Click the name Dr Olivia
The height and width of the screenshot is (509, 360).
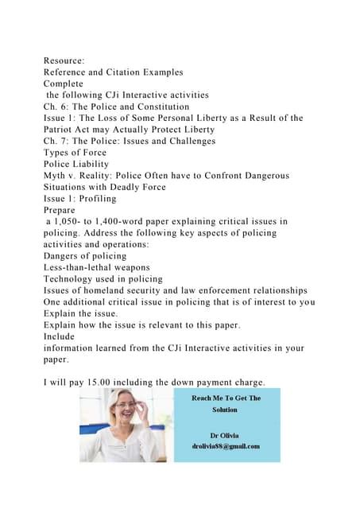tap(225, 435)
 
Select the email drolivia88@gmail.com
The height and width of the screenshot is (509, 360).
tap(225, 446)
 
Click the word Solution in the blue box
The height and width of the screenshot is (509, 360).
tap(225, 410)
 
